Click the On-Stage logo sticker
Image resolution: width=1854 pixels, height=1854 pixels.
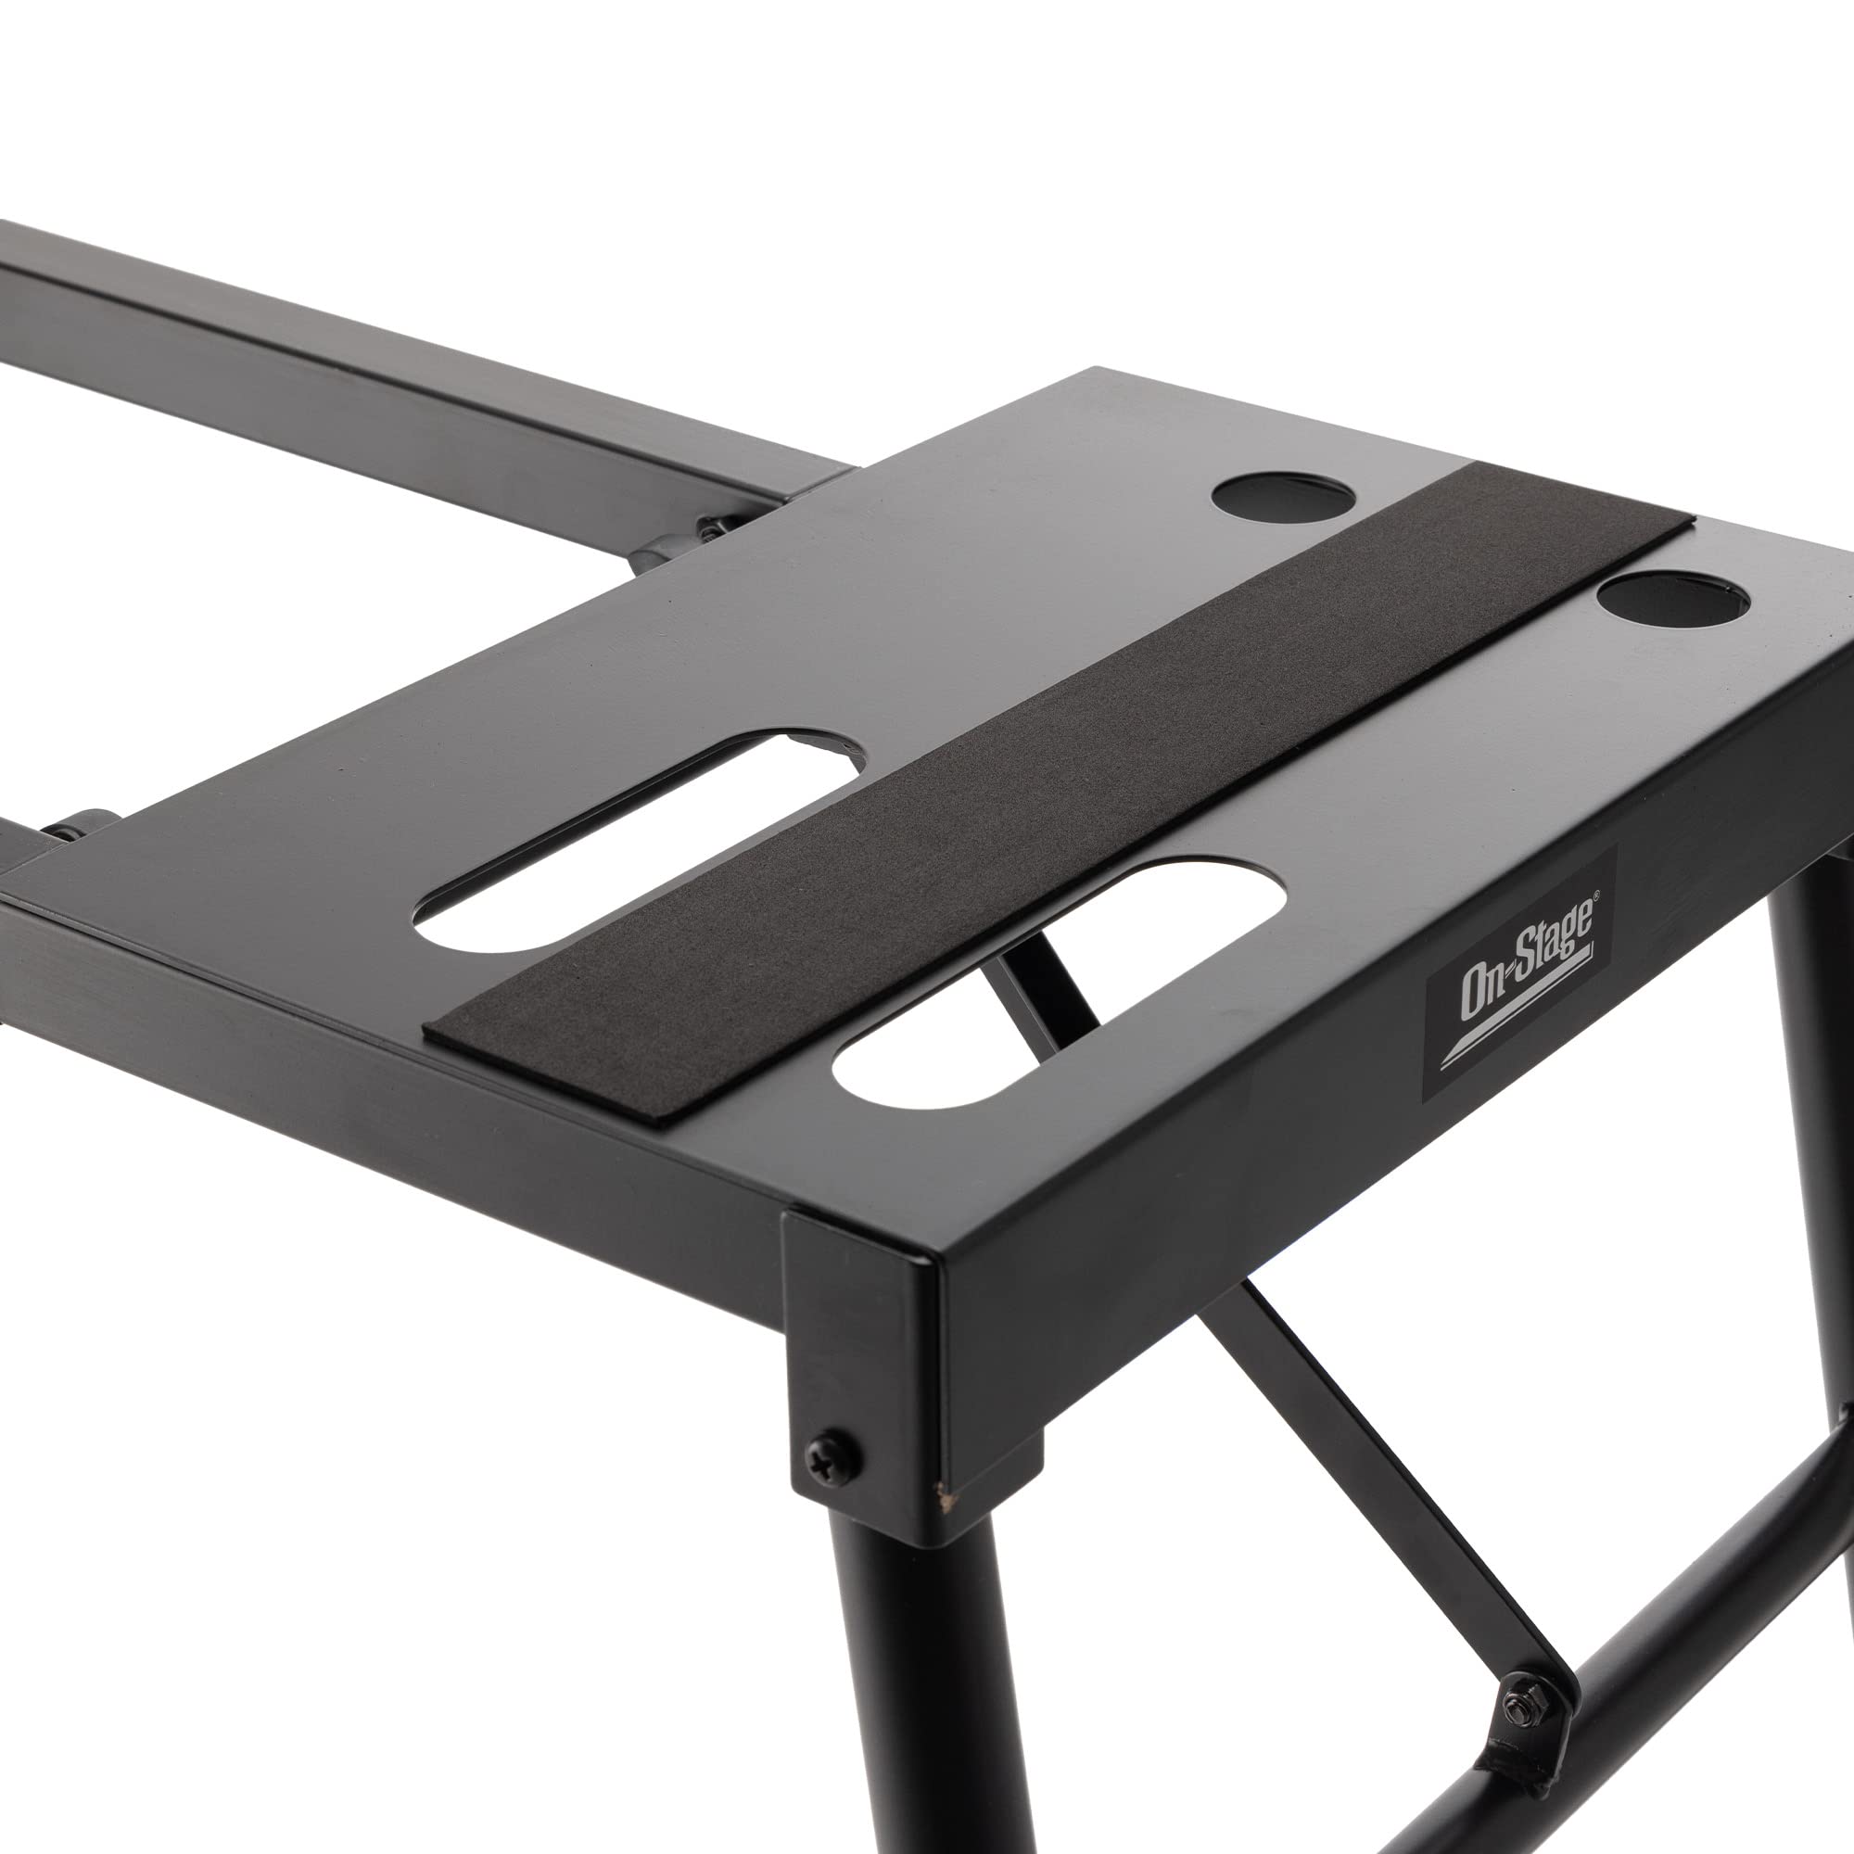[1518, 975]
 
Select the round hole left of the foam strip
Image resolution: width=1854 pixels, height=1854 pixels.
[1283, 496]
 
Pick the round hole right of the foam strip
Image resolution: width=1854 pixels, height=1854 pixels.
[1671, 600]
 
